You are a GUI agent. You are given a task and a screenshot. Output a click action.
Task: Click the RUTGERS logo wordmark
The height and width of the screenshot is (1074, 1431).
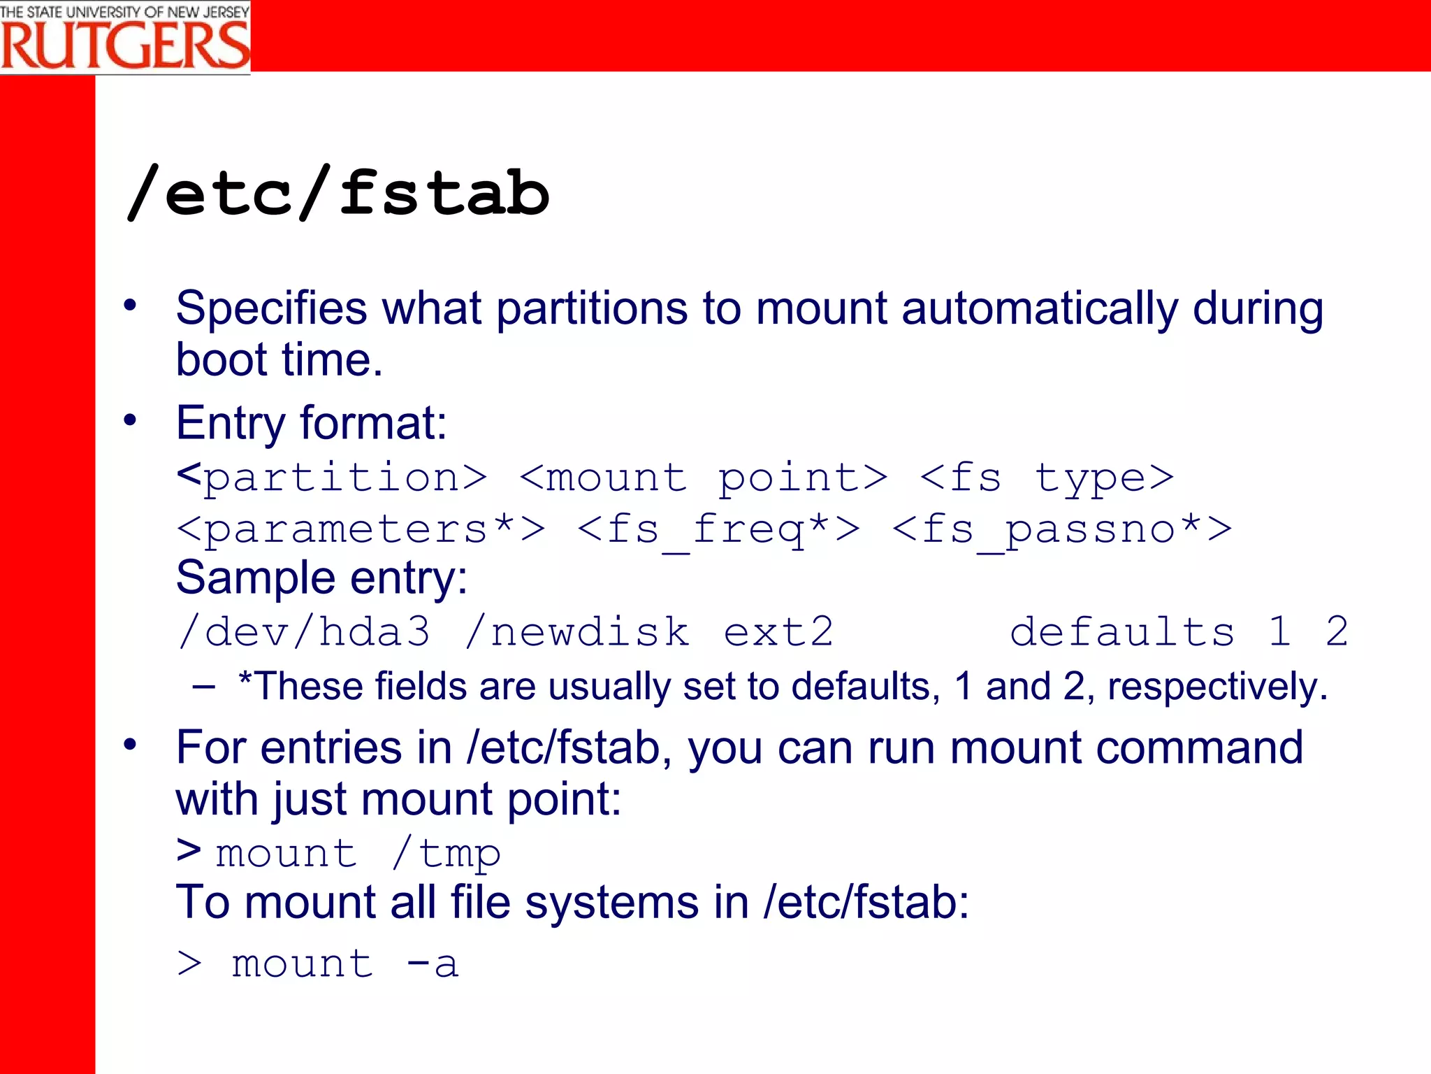tap(125, 45)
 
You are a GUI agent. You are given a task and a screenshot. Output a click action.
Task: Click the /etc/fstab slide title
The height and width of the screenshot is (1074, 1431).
tap(338, 194)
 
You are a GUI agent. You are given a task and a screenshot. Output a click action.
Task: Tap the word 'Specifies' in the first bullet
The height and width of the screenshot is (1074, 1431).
tap(271, 308)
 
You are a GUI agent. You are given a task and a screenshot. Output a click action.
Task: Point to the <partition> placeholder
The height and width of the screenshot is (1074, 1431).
tap(332, 478)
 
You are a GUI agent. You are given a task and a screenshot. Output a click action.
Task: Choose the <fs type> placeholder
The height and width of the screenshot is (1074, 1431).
tap(1046, 478)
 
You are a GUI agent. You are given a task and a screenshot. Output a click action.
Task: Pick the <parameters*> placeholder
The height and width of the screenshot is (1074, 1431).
tap(361, 529)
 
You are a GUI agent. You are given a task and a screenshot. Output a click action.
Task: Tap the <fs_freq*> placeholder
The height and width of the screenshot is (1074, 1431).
tap(719, 529)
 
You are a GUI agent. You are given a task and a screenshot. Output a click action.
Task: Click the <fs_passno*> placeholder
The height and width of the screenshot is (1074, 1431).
tap(1062, 529)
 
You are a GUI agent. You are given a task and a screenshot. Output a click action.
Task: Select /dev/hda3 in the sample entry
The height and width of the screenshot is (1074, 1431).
tap(304, 632)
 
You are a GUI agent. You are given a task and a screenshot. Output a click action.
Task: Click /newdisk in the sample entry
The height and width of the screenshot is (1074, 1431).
tap(577, 632)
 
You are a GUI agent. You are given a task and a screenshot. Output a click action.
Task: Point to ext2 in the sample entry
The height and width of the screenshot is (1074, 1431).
tap(778, 632)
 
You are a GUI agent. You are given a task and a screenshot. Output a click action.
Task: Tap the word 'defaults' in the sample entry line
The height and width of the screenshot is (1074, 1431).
tap(1122, 632)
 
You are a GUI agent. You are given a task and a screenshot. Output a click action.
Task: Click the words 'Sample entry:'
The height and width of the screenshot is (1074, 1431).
tap(321, 579)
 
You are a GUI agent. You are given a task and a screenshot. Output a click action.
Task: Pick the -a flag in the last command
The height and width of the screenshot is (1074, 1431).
tap(432, 964)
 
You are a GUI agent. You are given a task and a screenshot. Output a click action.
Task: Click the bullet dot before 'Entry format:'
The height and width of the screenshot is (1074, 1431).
tap(130, 420)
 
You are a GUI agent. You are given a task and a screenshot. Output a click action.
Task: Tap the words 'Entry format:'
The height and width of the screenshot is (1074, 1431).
tap(311, 424)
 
